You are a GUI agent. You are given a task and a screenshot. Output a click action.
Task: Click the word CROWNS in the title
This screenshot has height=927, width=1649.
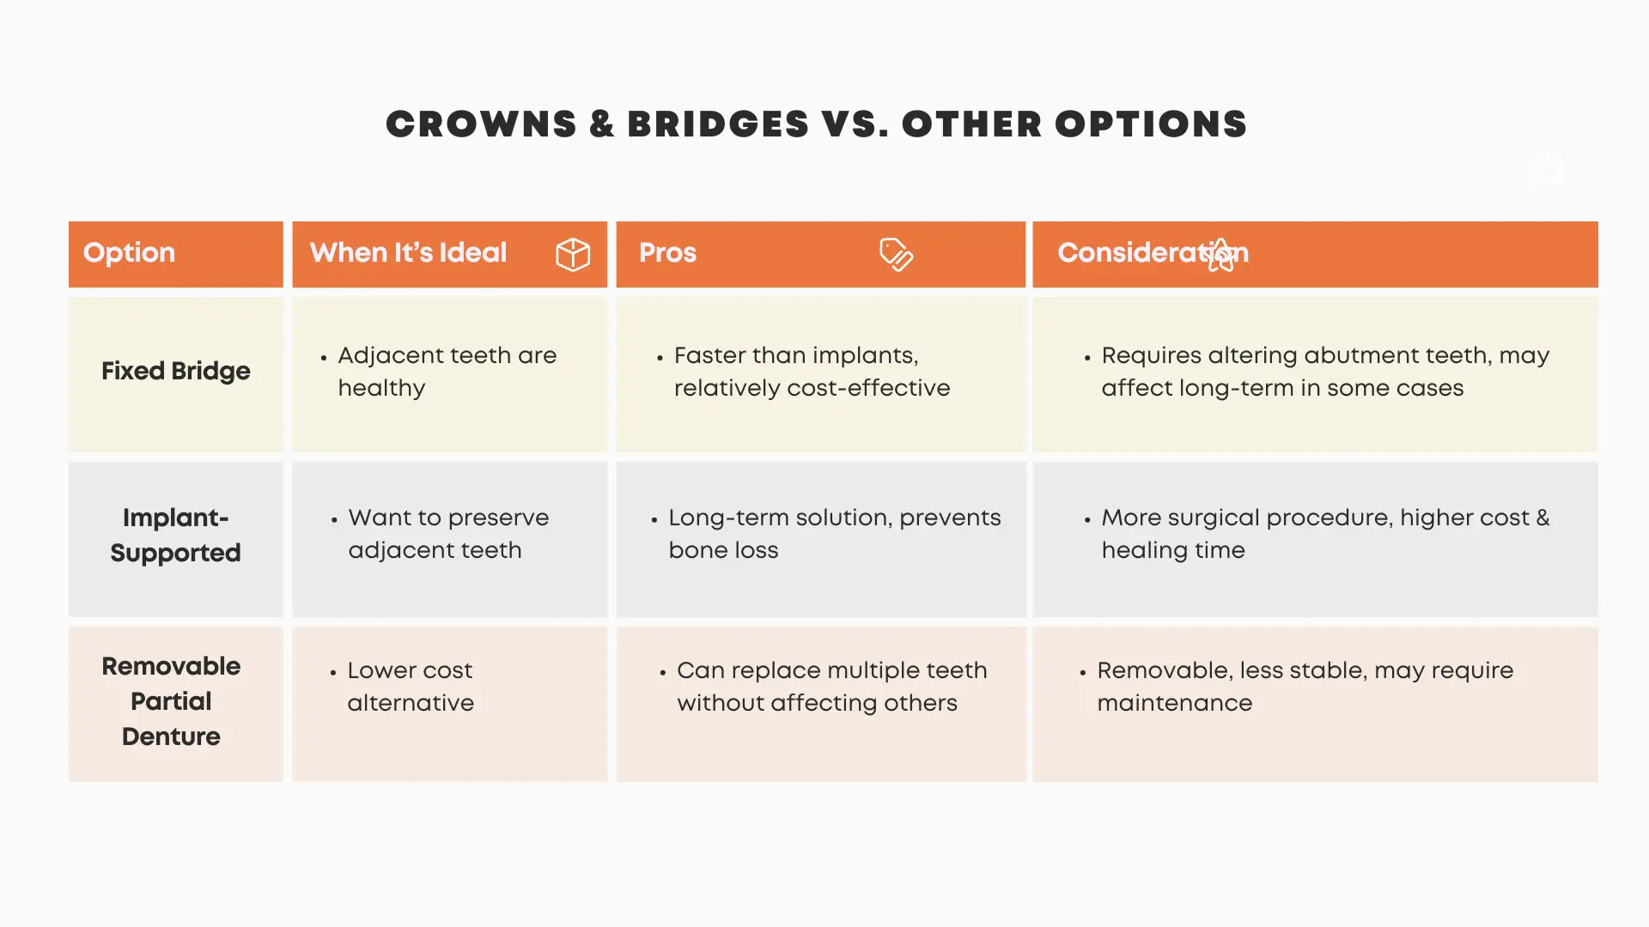[x=481, y=124]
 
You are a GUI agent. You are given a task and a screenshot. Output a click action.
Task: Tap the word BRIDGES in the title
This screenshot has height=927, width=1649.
[x=718, y=124]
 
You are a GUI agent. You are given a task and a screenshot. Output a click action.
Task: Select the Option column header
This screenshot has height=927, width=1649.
[x=129, y=253]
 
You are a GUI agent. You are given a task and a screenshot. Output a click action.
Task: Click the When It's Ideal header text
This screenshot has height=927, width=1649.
[x=408, y=253]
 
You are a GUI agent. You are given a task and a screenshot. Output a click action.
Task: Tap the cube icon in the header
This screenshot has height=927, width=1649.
[x=573, y=254]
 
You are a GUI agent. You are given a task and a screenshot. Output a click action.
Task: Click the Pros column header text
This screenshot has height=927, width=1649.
[x=667, y=253]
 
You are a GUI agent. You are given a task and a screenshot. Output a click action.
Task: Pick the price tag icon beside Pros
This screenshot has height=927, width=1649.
[x=896, y=254]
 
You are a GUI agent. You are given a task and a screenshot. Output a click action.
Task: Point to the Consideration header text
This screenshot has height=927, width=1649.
[x=1152, y=253]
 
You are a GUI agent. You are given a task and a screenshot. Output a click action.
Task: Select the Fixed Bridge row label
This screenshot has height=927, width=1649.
[x=175, y=371]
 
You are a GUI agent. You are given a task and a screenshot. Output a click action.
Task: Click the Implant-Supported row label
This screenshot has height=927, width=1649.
[x=175, y=535]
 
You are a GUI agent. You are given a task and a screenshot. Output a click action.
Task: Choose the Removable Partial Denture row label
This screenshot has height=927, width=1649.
[x=171, y=701]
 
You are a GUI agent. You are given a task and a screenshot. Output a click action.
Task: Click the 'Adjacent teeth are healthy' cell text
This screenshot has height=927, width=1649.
[x=447, y=372]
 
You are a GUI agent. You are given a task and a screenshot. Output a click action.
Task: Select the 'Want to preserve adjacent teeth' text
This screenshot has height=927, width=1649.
[x=447, y=534]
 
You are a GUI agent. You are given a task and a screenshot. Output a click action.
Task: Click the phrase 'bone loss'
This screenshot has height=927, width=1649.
[x=723, y=550]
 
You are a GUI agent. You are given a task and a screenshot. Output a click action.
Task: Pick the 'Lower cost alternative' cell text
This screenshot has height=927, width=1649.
[x=411, y=687]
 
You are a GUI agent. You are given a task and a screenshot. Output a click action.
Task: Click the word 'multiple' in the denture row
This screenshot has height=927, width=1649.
[x=873, y=670]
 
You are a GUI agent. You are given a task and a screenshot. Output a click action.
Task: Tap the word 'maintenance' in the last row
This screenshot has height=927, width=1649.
[x=1174, y=703]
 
